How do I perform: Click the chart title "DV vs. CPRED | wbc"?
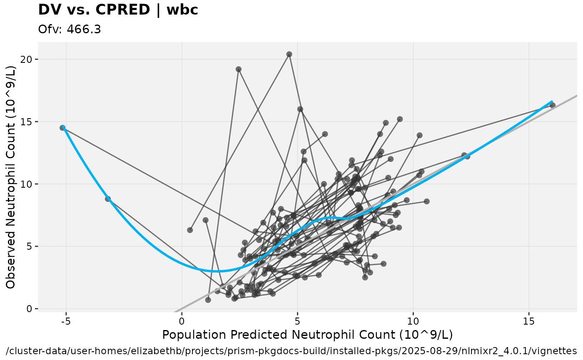pyautogui.click(x=118, y=10)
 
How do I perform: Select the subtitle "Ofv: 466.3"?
pyautogui.click(x=70, y=30)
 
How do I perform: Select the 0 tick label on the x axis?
pyautogui.click(x=182, y=321)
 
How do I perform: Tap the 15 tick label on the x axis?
pyautogui.click(x=529, y=321)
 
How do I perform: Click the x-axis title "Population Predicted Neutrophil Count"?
pyautogui.click(x=307, y=335)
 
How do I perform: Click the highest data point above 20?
pyautogui.click(x=289, y=54)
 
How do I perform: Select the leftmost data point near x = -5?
pyautogui.click(x=62, y=128)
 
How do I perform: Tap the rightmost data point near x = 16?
pyautogui.click(x=553, y=105)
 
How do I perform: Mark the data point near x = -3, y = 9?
pyautogui.click(x=108, y=199)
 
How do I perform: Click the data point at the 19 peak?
pyautogui.click(x=239, y=69)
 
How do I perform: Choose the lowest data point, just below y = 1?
pyautogui.click(x=208, y=300)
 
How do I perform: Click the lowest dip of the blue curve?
pyautogui.click(x=217, y=271)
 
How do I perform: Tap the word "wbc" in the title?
pyautogui.click(x=182, y=10)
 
